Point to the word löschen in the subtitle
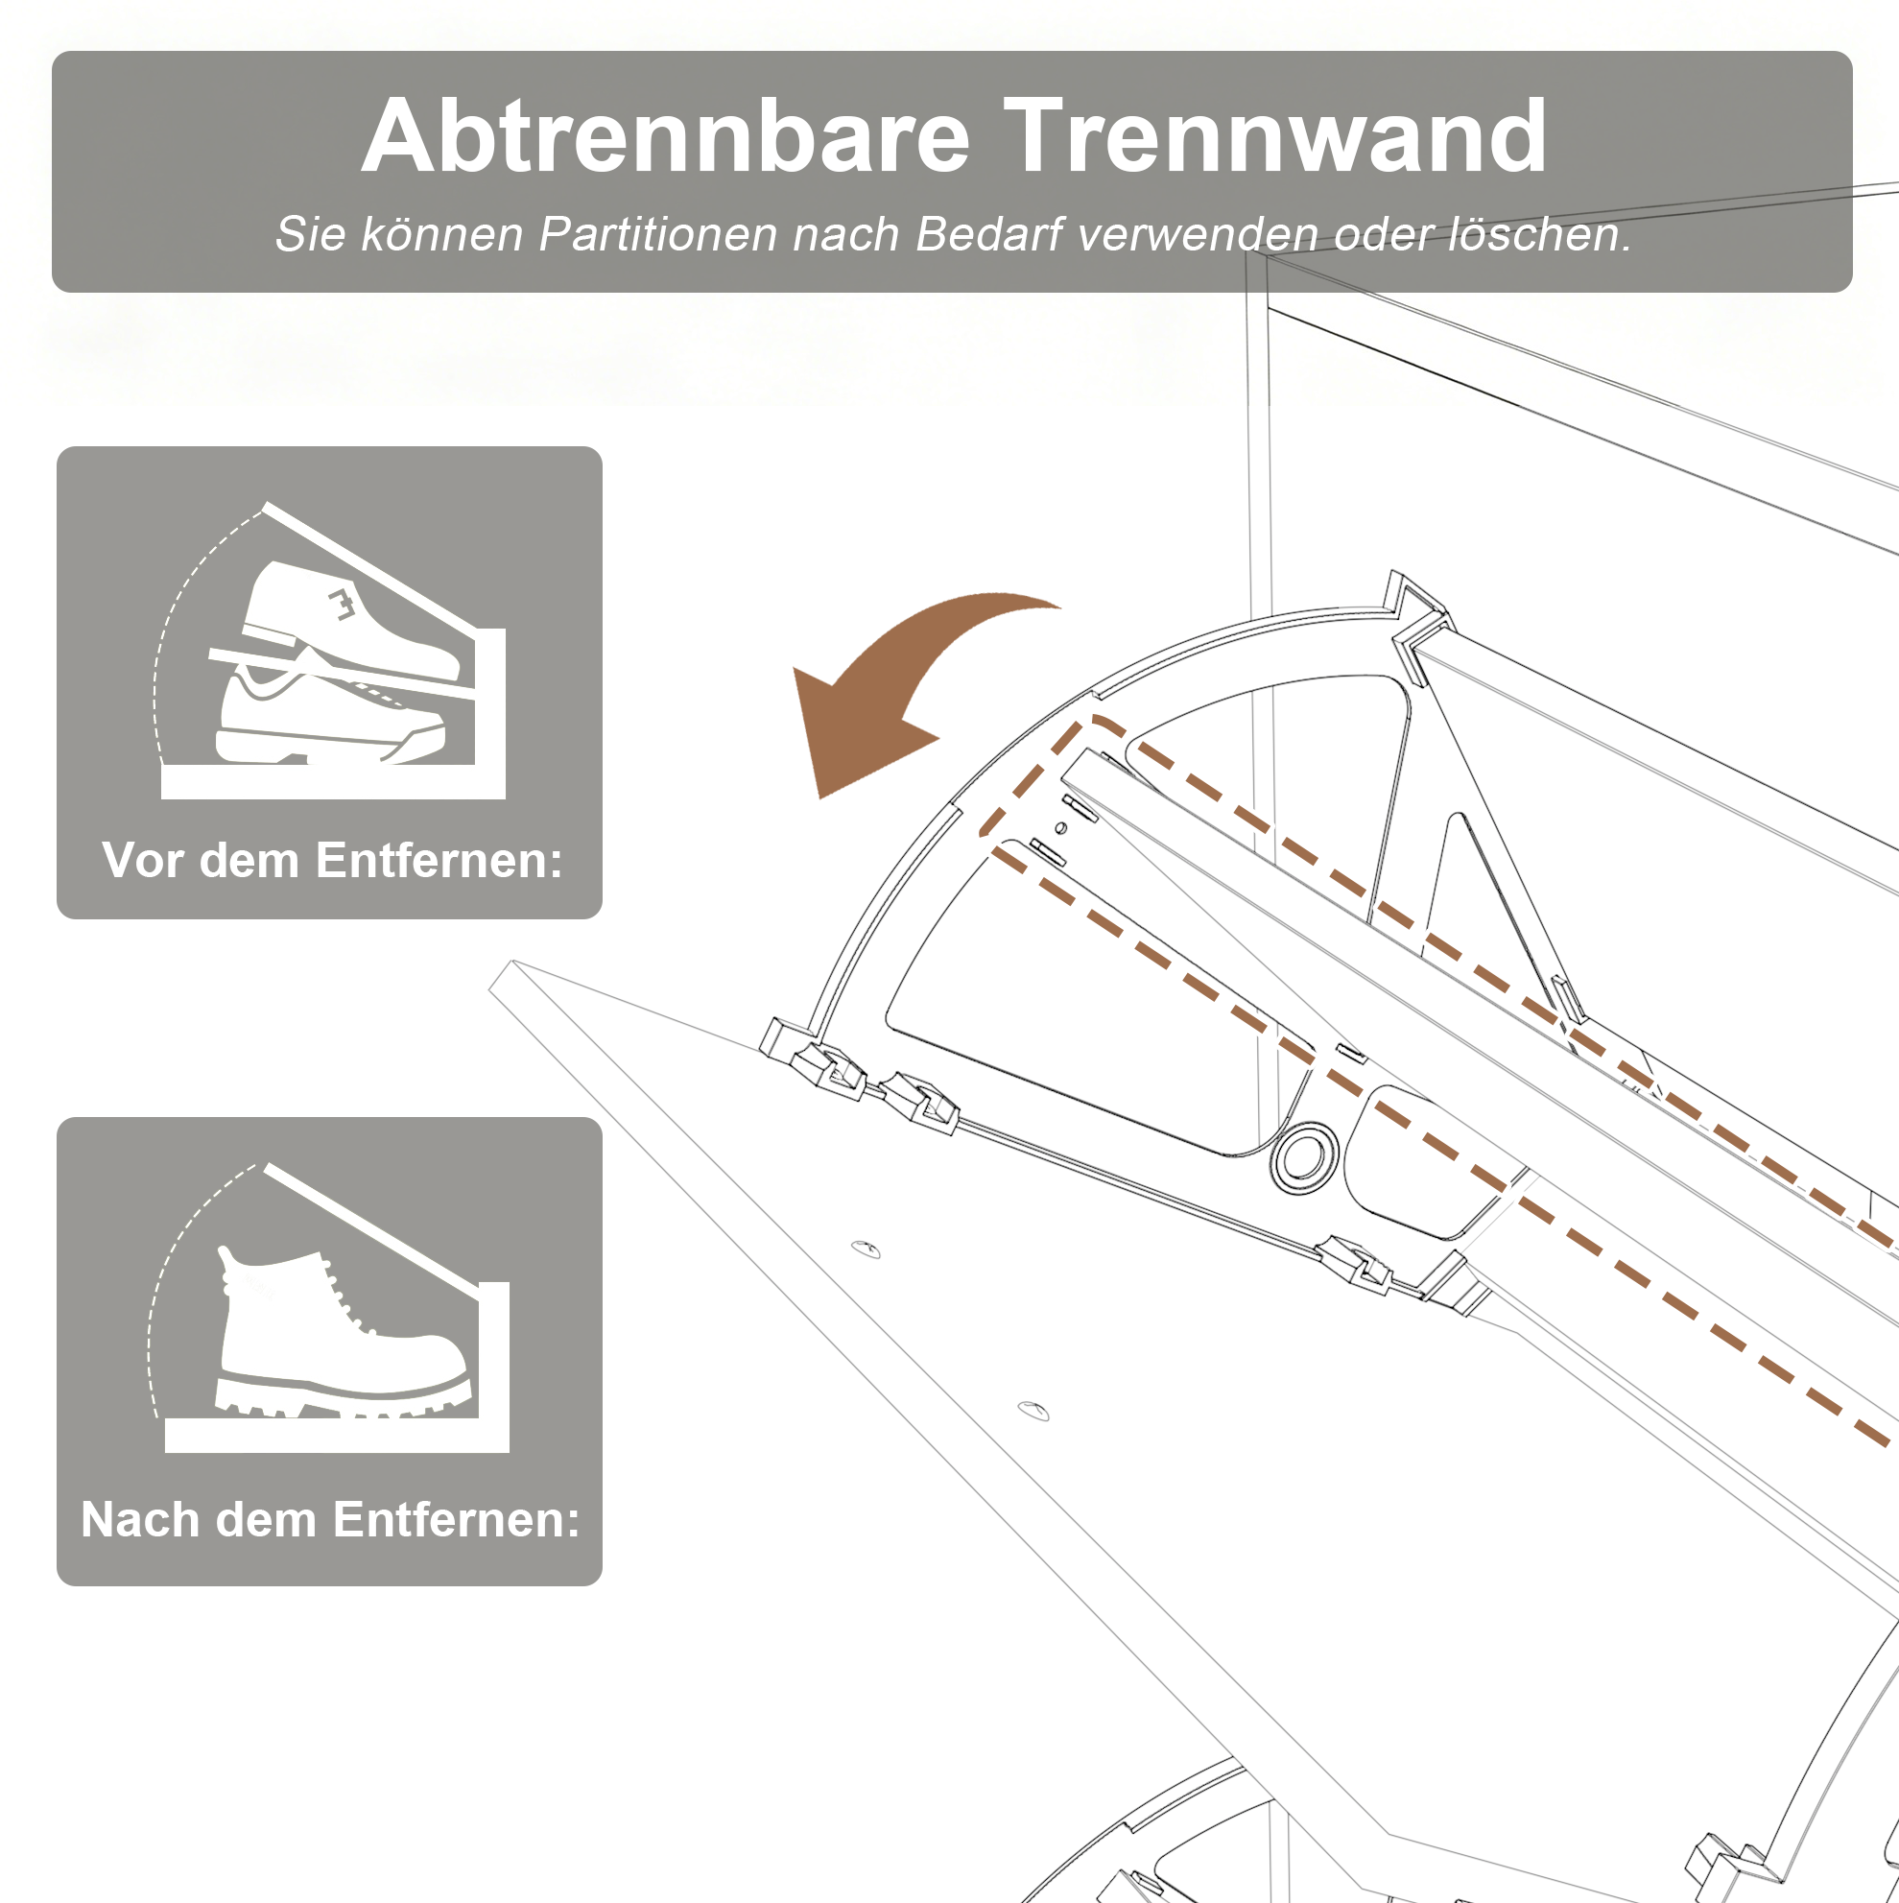[1538, 234]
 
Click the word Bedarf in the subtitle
[989, 234]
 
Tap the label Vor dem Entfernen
[332, 860]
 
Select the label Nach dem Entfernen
[331, 1519]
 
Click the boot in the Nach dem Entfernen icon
[340, 1335]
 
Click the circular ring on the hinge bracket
[1305, 1157]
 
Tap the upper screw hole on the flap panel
[866, 1249]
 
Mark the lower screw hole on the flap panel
[1033, 1411]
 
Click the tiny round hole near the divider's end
[1060, 827]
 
